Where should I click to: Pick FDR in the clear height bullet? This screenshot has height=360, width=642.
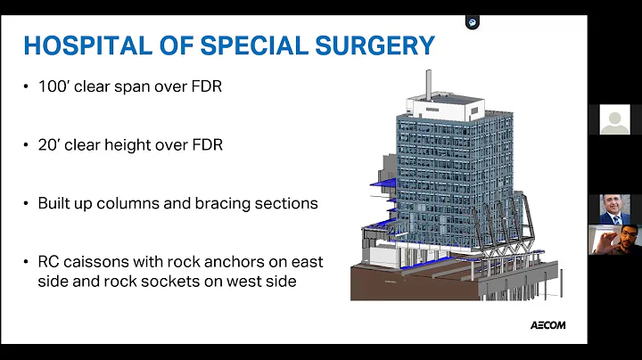click(x=204, y=144)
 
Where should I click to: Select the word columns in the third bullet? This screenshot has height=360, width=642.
click(x=120, y=203)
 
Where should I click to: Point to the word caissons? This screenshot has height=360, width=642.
click(x=95, y=261)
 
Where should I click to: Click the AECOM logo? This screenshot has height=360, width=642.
click(x=545, y=325)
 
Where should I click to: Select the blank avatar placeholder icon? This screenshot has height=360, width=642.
click(x=614, y=119)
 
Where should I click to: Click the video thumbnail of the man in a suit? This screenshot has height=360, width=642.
click(x=614, y=209)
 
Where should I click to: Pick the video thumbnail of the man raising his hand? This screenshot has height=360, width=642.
click(x=614, y=241)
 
